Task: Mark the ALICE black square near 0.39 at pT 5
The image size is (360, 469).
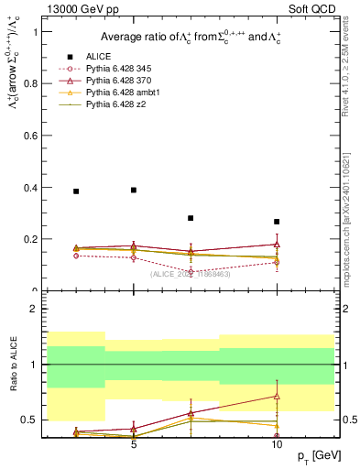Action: point(134,190)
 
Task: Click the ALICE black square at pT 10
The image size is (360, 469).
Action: point(277,222)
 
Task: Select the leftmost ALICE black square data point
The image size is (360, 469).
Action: point(76,191)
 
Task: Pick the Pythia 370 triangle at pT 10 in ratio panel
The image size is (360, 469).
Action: point(277,396)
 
